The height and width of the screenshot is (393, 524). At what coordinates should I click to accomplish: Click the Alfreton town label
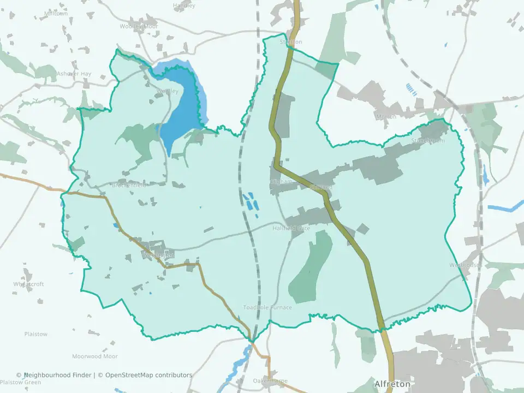coord(392,384)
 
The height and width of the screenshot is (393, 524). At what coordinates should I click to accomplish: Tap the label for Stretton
coord(290,42)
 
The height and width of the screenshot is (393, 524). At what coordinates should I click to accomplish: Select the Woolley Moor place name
coord(139,26)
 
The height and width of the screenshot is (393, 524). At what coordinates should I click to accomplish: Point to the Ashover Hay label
coord(74,74)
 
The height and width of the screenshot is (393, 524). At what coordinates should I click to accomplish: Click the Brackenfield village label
coord(129,185)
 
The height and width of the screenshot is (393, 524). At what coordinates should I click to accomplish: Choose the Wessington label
coord(158,255)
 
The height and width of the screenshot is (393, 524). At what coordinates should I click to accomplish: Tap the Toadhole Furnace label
coord(267,307)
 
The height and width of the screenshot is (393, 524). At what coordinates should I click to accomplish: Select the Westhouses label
coord(466,265)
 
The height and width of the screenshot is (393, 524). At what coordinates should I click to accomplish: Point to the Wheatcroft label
coord(28,284)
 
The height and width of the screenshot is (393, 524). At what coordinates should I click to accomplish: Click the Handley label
coord(184,5)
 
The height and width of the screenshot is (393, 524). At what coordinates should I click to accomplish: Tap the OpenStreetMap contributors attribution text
coord(148,375)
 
